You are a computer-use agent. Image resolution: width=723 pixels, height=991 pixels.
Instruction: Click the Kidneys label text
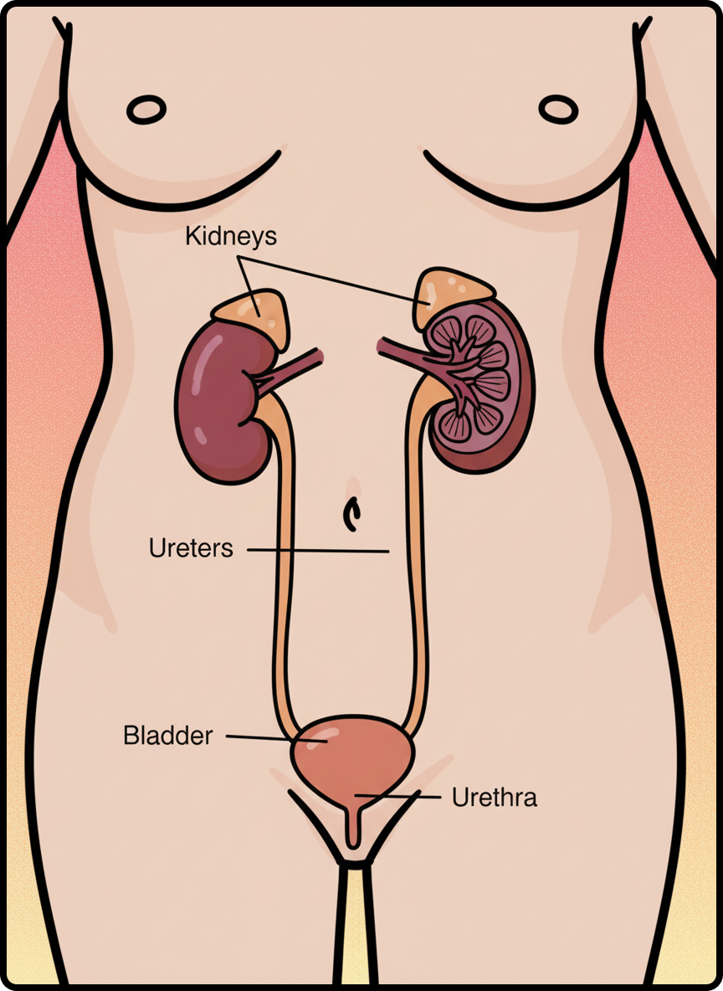231,236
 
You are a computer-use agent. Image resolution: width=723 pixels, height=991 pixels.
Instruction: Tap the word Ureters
191,549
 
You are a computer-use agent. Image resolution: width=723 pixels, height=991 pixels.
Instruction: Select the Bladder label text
168,736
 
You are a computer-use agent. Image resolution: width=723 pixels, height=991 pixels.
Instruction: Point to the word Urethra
494,798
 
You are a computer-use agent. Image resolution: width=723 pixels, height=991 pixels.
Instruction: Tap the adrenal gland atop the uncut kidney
253,315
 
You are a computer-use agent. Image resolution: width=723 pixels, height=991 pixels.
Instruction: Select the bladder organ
351,757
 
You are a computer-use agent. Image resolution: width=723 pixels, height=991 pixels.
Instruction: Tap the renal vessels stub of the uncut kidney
298,366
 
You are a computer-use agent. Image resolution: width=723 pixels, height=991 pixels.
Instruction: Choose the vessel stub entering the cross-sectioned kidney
400,351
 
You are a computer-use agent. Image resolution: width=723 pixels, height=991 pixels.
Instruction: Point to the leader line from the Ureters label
318,551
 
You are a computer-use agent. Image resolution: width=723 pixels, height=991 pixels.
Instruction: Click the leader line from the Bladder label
259,737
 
